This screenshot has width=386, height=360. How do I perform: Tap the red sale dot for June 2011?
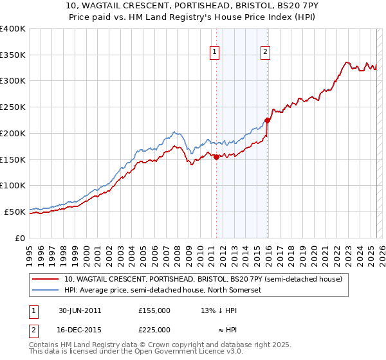click(x=216, y=157)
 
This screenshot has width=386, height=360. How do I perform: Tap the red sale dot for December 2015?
click(x=267, y=120)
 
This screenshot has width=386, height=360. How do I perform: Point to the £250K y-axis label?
click(x=13, y=107)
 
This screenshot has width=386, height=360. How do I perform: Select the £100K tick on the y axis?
click(x=13, y=185)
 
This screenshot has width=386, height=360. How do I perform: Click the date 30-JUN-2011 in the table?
click(x=80, y=310)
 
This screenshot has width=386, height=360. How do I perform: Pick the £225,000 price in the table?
click(x=154, y=329)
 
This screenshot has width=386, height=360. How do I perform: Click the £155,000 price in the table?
click(x=154, y=310)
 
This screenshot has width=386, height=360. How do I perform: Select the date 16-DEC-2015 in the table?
click(x=80, y=329)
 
